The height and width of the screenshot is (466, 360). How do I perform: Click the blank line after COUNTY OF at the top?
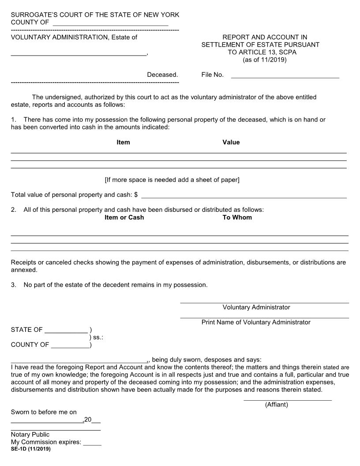[x=110, y=23]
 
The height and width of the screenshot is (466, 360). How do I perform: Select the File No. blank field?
[x=285, y=75]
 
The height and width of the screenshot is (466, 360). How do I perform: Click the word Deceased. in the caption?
[x=162, y=75]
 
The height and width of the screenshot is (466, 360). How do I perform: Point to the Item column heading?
[x=123, y=142]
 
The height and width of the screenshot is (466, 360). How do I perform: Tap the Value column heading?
[x=231, y=142]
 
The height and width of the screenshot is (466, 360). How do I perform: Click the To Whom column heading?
[x=237, y=217]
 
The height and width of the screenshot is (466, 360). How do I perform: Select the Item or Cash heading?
[x=124, y=217]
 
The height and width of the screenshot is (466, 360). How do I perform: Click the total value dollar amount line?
[x=244, y=195]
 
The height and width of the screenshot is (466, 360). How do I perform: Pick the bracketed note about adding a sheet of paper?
[x=172, y=180]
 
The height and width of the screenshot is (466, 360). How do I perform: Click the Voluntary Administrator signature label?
[x=256, y=307]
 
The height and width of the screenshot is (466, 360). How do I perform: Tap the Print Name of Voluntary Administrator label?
[x=256, y=322]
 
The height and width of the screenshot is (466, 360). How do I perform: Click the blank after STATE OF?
[x=66, y=330]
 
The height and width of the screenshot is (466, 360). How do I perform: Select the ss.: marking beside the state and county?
[x=96, y=338]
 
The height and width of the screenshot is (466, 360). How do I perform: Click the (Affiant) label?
[x=276, y=405]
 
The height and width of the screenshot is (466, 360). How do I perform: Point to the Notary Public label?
[x=30, y=435]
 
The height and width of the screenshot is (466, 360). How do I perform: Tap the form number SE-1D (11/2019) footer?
[x=30, y=449]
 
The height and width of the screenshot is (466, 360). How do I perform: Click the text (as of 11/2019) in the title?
[x=265, y=60]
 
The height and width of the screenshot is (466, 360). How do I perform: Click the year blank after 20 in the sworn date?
[x=96, y=420]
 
